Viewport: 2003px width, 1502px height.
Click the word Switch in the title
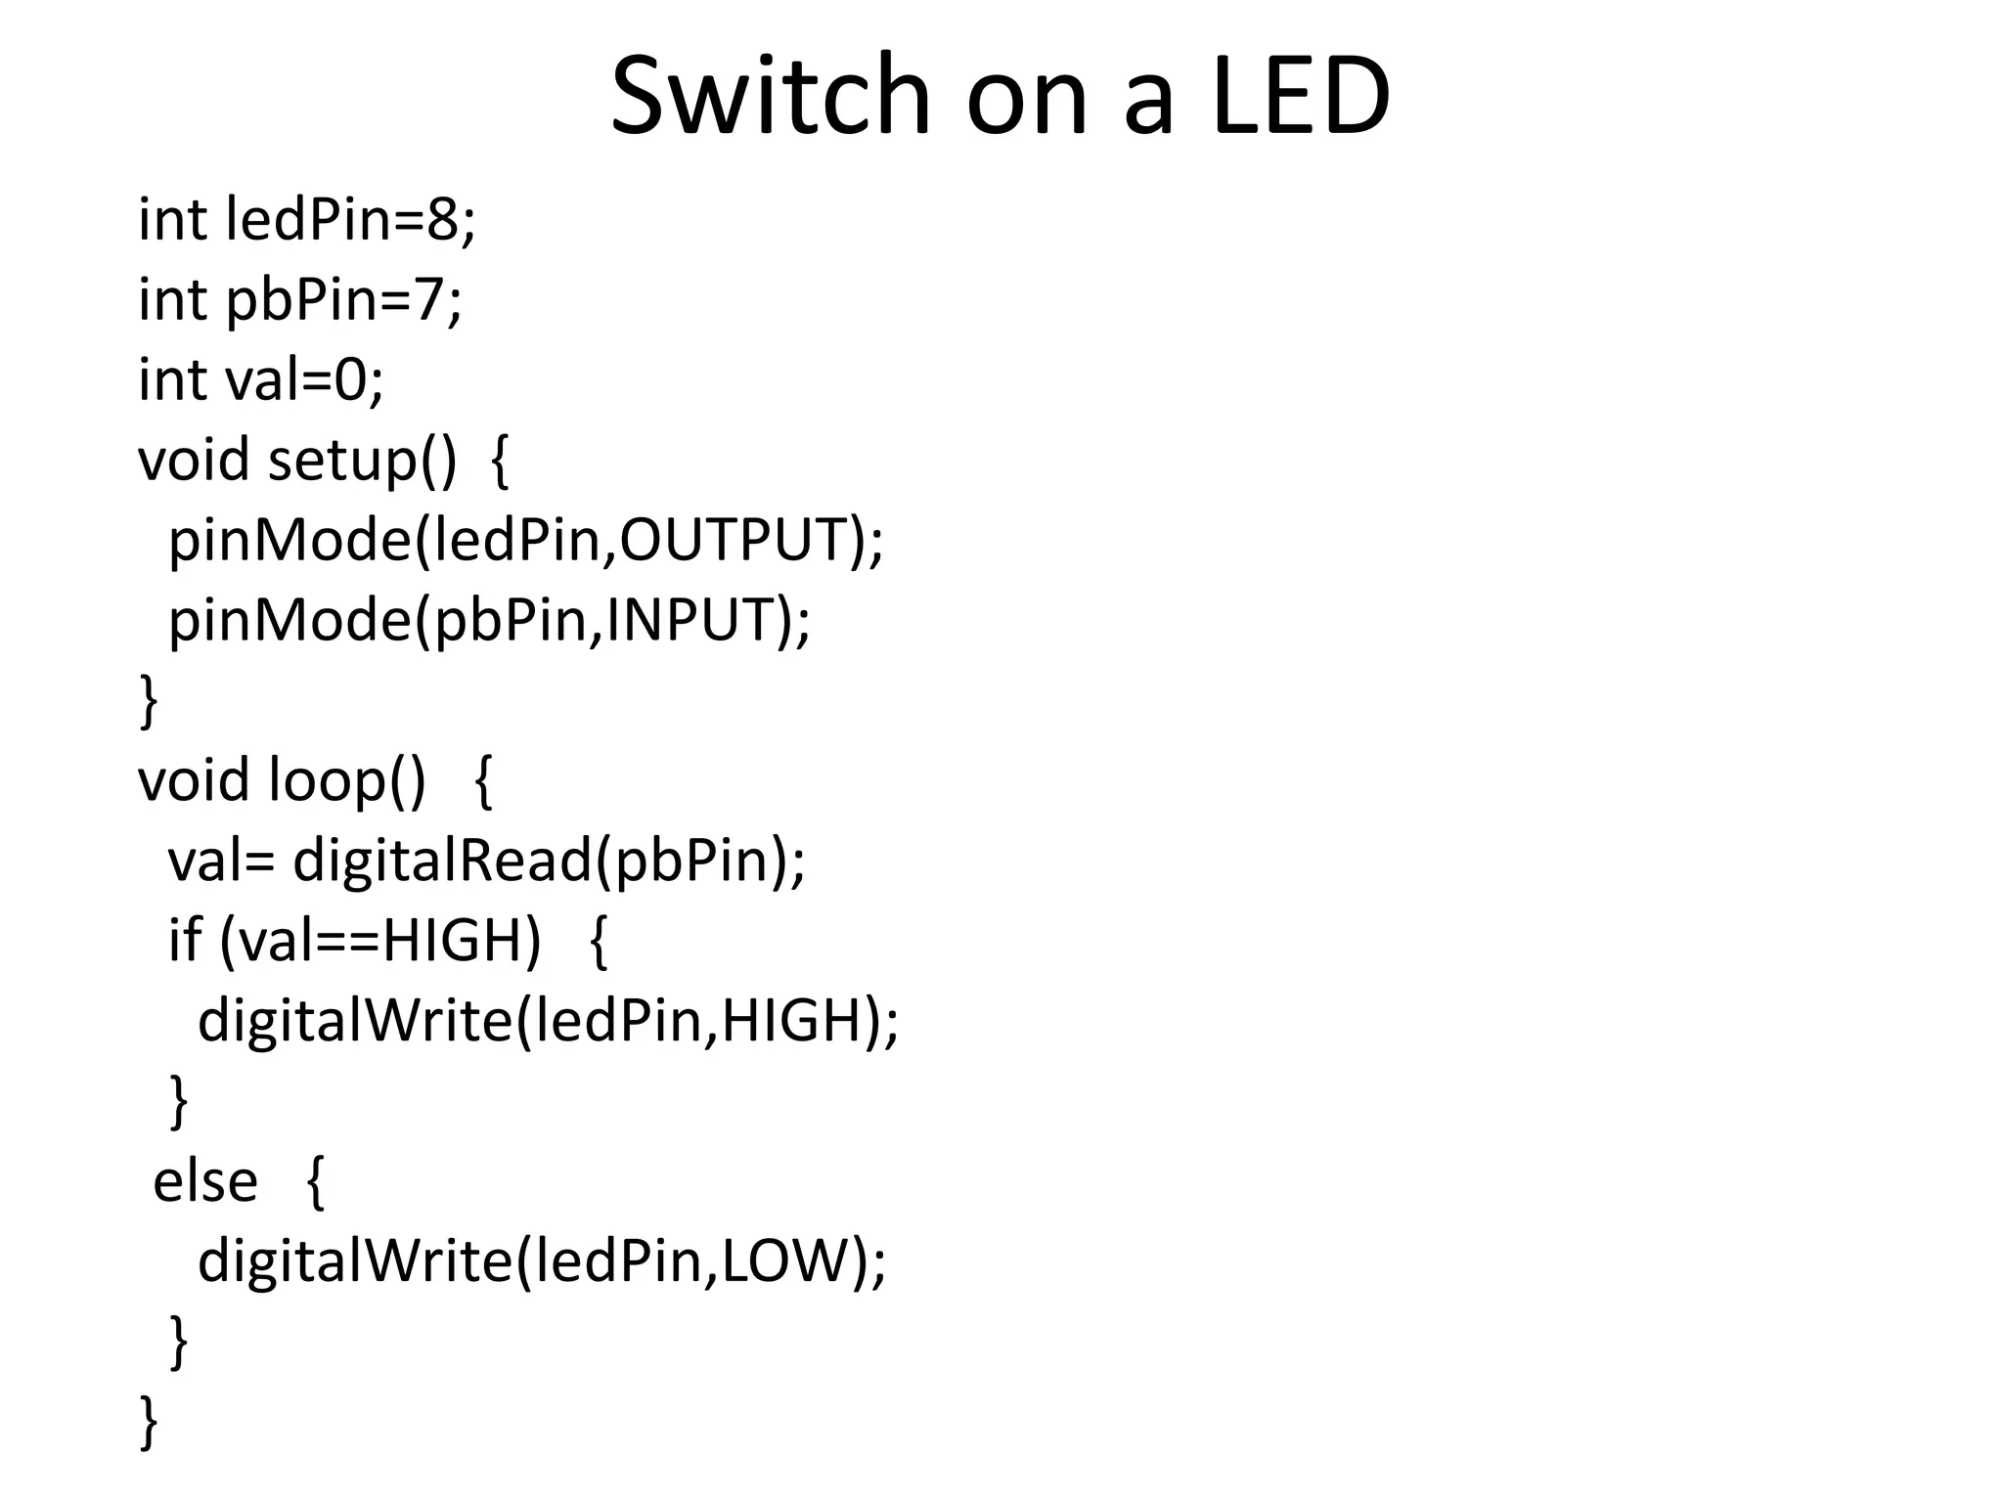tap(771, 96)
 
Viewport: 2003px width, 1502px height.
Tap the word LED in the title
tap(1301, 96)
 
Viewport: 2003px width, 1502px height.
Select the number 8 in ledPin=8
tap(442, 219)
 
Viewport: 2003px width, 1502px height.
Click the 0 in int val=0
tap(350, 379)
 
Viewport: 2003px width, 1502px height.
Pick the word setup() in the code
tap(362, 460)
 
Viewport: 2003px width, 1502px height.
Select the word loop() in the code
tap(347, 780)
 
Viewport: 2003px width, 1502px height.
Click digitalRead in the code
tap(442, 861)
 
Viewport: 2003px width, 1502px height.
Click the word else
tap(205, 1181)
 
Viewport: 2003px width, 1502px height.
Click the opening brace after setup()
tap(499, 462)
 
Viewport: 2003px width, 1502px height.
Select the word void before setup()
tap(194, 460)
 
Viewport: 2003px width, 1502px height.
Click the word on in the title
tap(1027, 96)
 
